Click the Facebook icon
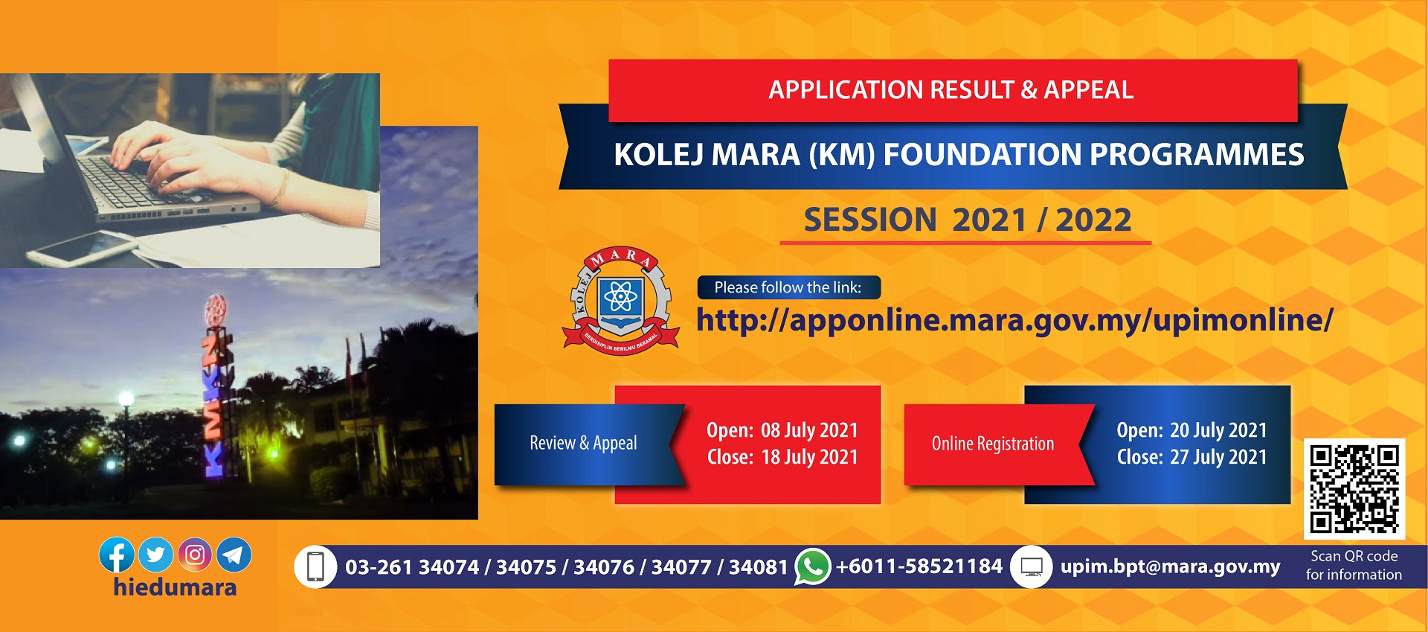pyautogui.click(x=117, y=555)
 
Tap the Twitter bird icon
pyautogui.click(x=156, y=555)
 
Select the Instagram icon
pyautogui.click(x=195, y=555)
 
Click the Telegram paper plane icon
pyautogui.click(x=234, y=555)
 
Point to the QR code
pyautogui.click(x=1354, y=488)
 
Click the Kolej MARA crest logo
pyautogui.click(x=621, y=301)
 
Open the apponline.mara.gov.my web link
pyautogui.click(x=1014, y=320)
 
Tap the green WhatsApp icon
pyautogui.click(x=812, y=566)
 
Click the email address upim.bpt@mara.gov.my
pyautogui.click(x=1170, y=566)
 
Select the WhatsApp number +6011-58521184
pyautogui.click(x=919, y=566)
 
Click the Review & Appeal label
pyautogui.click(x=583, y=443)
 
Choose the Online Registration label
pyautogui.click(x=993, y=444)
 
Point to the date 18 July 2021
pyautogui.click(x=809, y=457)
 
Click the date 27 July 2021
pyautogui.click(x=1218, y=457)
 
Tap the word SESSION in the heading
pyautogui.click(x=870, y=220)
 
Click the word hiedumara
pyautogui.click(x=175, y=587)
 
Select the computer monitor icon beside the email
pyautogui.click(x=1031, y=567)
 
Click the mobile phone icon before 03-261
pyautogui.click(x=315, y=567)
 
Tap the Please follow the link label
pyautogui.click(x=788, y=287)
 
